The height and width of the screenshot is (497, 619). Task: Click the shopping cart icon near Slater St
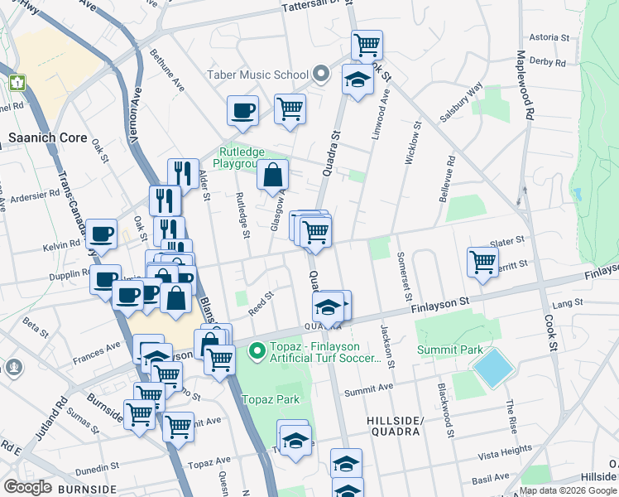[482, 262]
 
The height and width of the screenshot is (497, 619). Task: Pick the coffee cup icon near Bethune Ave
[243, 110]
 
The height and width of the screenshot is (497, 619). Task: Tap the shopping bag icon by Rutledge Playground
[272, 175]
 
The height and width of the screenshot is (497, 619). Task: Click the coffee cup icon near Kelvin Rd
[101, 234]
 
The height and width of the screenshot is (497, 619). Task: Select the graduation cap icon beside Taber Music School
[357, 80]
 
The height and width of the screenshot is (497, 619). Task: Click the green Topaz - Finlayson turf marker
[257, 352]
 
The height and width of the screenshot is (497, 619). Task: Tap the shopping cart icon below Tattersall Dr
[366, 44]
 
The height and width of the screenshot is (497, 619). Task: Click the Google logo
[27, 487]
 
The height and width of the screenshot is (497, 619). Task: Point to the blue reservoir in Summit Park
[493, 368]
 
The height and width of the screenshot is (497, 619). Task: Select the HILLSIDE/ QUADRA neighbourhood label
[395, 426]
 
